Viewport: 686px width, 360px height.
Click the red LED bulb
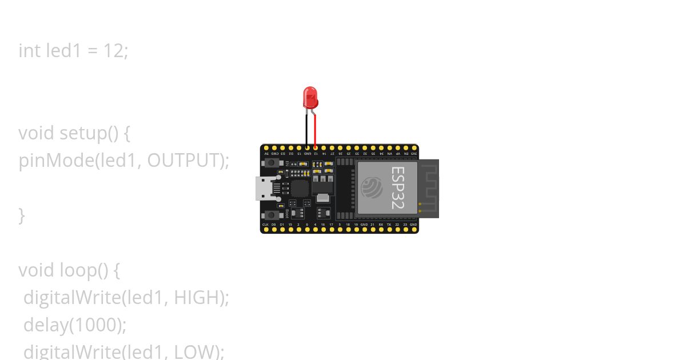[x=310, y=98]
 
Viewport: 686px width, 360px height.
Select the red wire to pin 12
[x=315, y=131]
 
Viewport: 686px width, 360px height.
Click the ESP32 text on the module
[x=396, y=187]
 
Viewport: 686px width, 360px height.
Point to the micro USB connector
[x=265, y=188]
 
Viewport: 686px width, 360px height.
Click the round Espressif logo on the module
[x=372, y=187]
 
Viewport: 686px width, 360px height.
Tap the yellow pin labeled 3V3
[x=413, y=148]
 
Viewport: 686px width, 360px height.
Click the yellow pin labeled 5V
[x=266, y=148]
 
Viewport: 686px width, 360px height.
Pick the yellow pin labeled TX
[x=389, y=230]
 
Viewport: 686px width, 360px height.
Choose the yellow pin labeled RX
[x=381, y=230]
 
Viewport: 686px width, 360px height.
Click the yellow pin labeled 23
[x=405, y=230]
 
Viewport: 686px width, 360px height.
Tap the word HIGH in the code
[x=197, y=297]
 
